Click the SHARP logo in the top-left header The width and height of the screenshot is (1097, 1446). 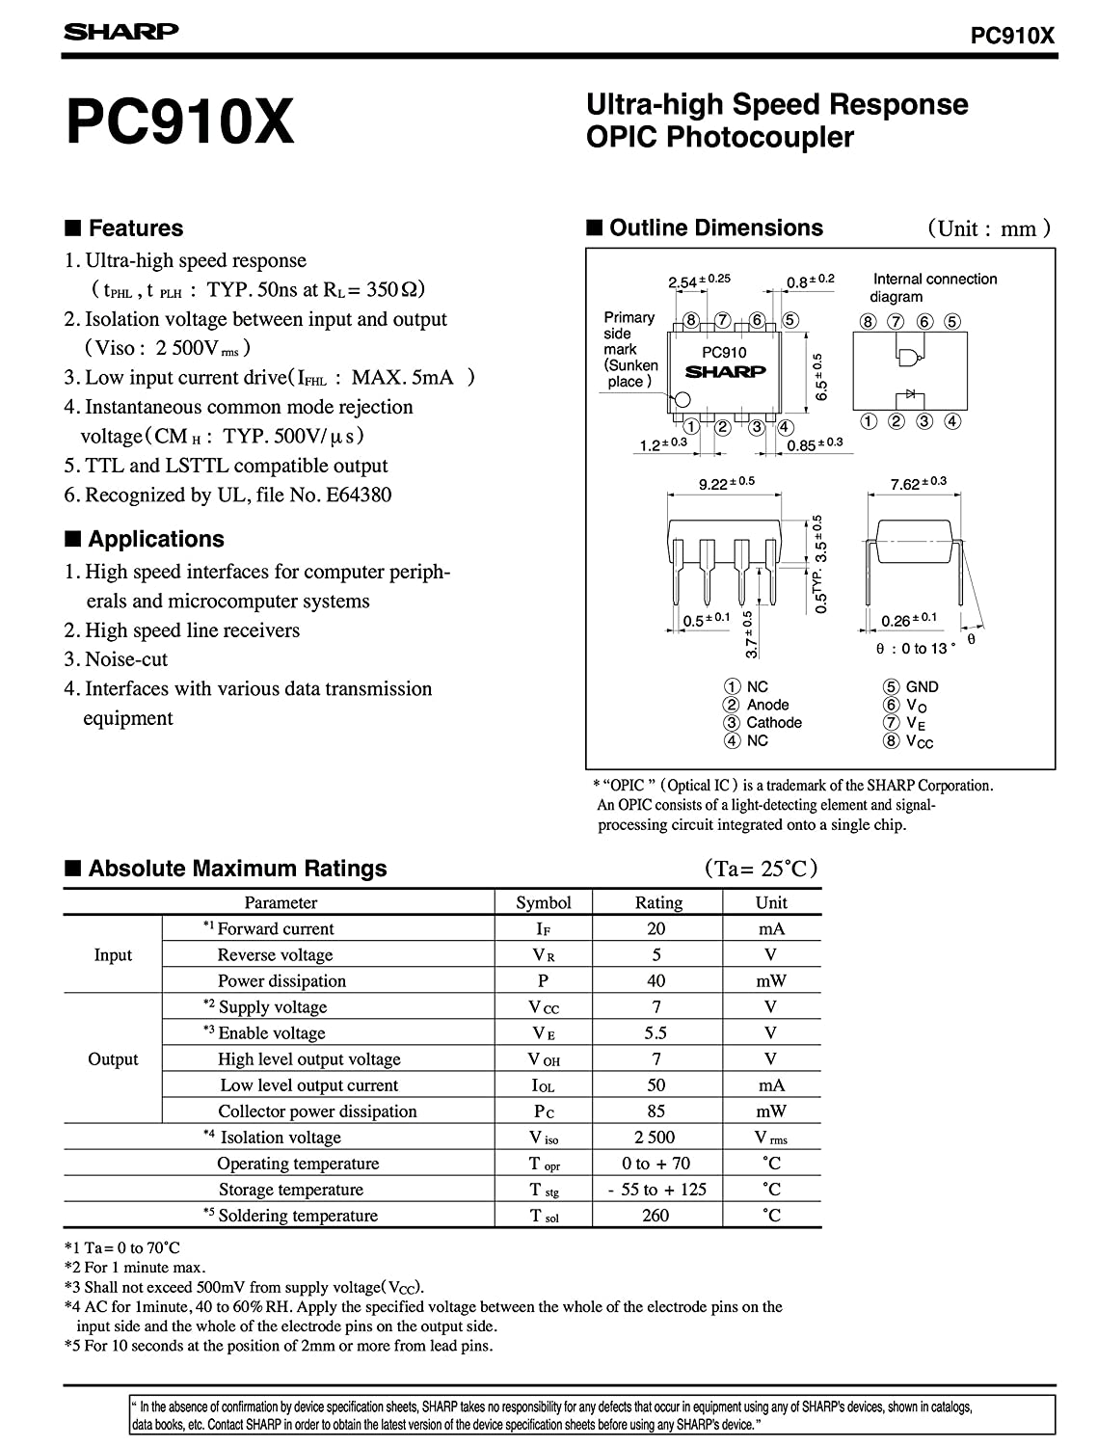tap(120, 32)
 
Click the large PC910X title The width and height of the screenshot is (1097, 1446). tap(179, 123)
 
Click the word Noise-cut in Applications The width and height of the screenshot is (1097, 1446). tap(126, 660)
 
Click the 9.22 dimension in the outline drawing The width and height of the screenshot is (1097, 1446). tap(713, 484)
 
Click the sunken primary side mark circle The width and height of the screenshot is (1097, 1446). tap(682, 399)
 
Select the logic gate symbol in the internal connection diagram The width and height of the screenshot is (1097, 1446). tap(907, 357)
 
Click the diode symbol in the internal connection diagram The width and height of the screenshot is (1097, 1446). tap(905, 395)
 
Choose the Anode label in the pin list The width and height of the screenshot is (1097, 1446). tap(767, 705)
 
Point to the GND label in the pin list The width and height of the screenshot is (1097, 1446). tap(922, 687)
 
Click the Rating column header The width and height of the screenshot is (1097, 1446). tap(658, 903)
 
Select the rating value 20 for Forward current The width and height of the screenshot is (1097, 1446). tap(656, 929)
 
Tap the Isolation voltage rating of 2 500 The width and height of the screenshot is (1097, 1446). tap(656, 1138)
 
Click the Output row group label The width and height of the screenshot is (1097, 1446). tap(113, 1059)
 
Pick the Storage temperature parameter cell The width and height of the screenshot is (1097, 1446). tap(290, 1190)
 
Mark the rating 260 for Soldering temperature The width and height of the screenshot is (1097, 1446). tap(656, 1216)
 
